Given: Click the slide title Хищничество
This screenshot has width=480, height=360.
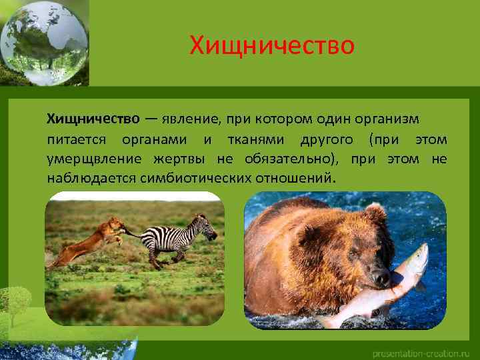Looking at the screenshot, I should (272, 46).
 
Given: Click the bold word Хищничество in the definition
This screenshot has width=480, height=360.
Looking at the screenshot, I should (93, 119).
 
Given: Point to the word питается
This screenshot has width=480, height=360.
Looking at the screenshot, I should (78, 139).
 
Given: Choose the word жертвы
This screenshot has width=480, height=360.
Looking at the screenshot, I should (180, 159).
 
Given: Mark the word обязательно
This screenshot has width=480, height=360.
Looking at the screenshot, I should (284, 159).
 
